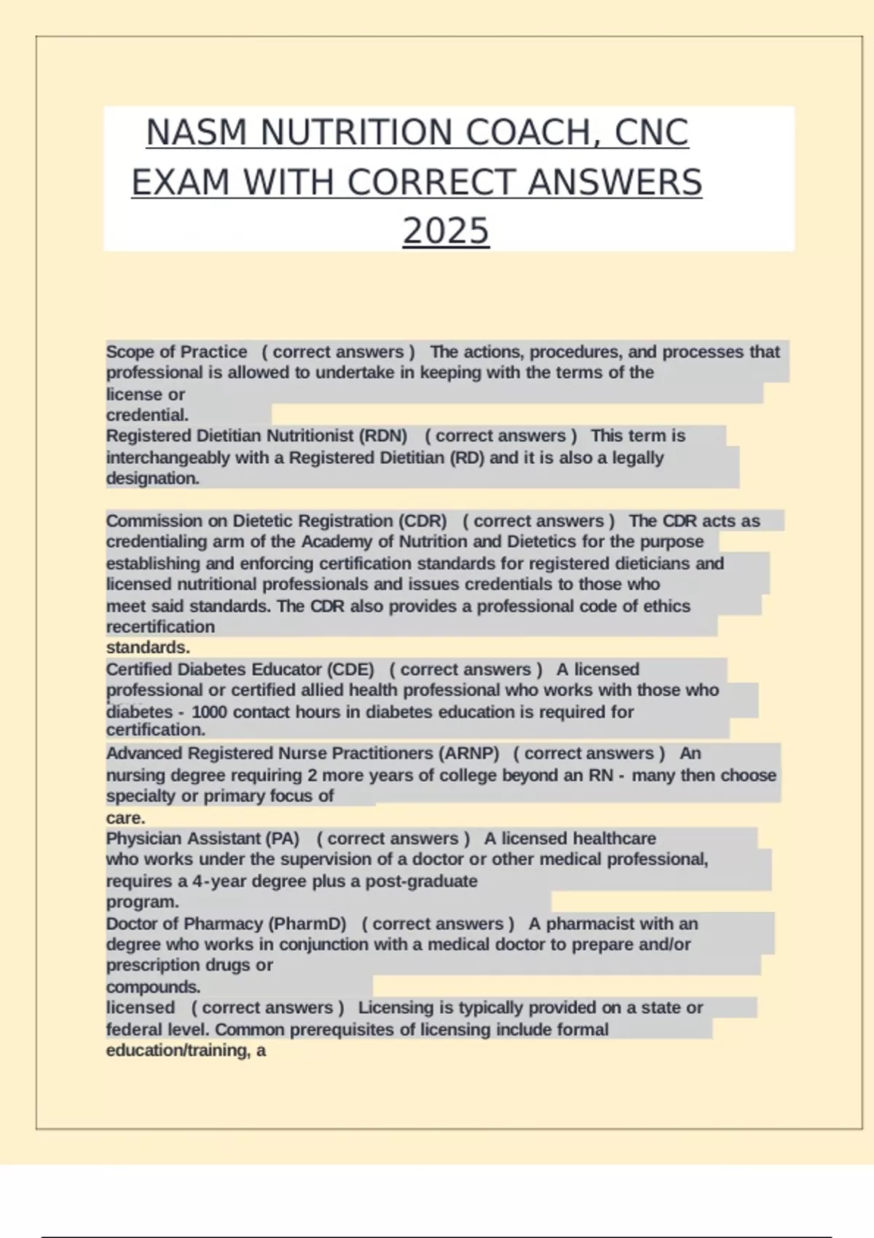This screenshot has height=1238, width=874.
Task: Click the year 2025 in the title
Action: (446, 231)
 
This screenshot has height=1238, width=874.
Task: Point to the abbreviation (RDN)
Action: (382, 436)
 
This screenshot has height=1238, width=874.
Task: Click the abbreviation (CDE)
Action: (350, 669)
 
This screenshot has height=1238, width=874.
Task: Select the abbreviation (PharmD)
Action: (307, 923)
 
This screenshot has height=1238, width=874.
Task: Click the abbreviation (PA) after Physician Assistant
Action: (283, 838)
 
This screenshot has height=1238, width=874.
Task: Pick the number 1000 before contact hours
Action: (209, 711)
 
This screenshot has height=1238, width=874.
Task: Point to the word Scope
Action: (130, 352)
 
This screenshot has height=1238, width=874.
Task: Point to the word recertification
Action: (160, 627)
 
